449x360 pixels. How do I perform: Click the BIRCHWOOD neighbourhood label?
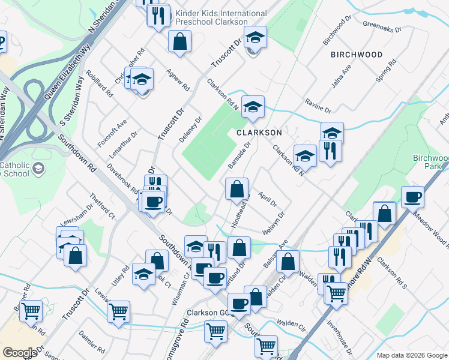point(356,55)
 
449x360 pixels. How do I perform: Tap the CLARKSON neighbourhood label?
point(259,132)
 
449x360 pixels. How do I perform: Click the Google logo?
point(19,352)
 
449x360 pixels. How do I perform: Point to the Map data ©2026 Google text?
point(412,355)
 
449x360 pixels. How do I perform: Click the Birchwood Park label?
point(431,162)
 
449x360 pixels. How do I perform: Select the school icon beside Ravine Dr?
point(332,133)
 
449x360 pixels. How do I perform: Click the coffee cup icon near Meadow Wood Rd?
point(412,196)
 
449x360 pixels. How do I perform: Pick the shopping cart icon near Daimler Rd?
point(118,310)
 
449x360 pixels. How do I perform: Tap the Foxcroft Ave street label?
point(113,132)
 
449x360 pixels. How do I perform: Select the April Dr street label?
point(268,200)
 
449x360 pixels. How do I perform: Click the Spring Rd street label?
point(385,71)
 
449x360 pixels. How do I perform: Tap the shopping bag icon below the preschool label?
point(179,41)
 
